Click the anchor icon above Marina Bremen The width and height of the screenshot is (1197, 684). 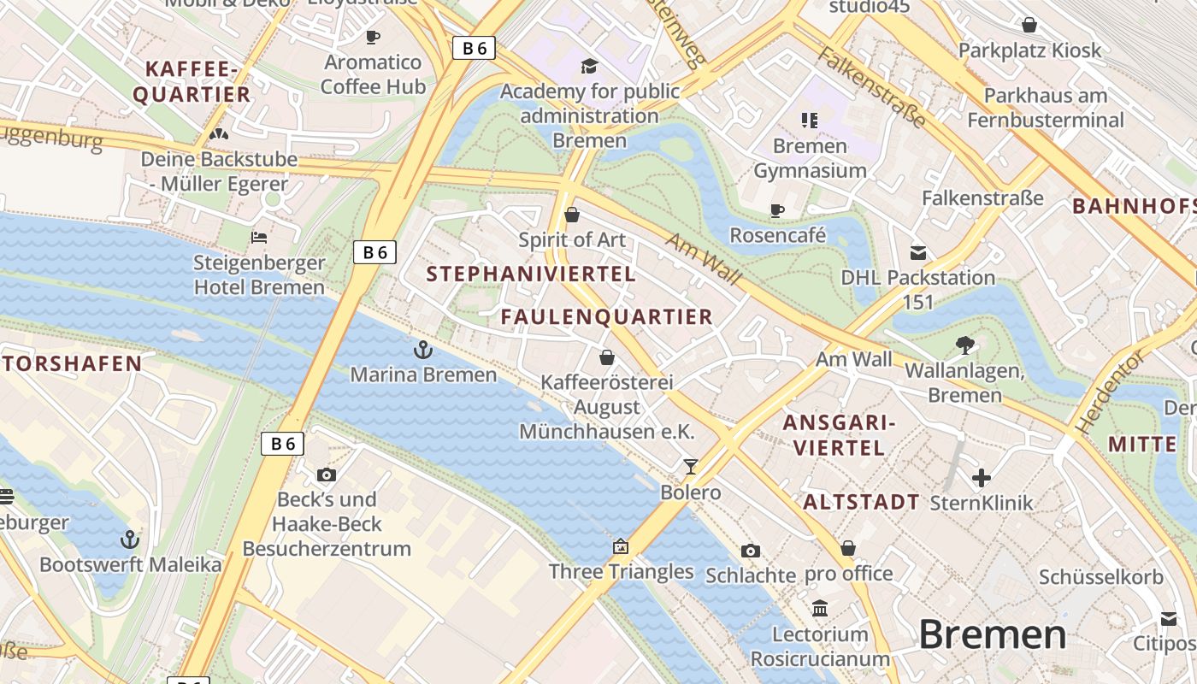(x=423, y=350)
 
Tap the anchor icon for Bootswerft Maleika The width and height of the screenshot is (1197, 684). (x=130, y=540)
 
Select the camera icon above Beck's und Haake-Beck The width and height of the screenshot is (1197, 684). (x=327, y=475)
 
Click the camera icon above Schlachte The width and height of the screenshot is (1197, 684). (x=751, y=551)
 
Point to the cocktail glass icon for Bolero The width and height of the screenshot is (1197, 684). (x=691, y=467)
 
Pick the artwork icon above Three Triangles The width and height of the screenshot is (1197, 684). (x=621, y=546)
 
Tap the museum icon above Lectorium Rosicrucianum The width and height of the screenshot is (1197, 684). (x=820, y=608)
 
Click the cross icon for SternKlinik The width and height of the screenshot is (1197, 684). (x=982, y=477)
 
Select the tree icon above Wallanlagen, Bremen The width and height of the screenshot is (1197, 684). (x=965, y=345)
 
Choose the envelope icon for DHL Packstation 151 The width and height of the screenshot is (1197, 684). (x=918, y=252)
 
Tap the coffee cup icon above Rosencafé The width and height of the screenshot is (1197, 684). (x=777, y=209)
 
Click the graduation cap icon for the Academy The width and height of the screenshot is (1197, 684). (x=589, y=66)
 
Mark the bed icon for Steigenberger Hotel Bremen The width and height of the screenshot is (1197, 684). (x=259, y=237)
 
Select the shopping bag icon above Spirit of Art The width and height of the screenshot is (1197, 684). (x=572, y=215)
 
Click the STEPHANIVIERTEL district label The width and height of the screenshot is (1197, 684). (x=531, y=274)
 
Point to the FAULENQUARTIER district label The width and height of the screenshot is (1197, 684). (x=606, y=317)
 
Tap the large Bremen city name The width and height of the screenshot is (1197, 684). (x=993, y=635)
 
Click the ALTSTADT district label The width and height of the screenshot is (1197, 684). (x=861, y=502)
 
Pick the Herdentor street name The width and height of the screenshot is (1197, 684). (x=1109, y=392)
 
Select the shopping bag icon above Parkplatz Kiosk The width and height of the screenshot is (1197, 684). (x=1029, y=25)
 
